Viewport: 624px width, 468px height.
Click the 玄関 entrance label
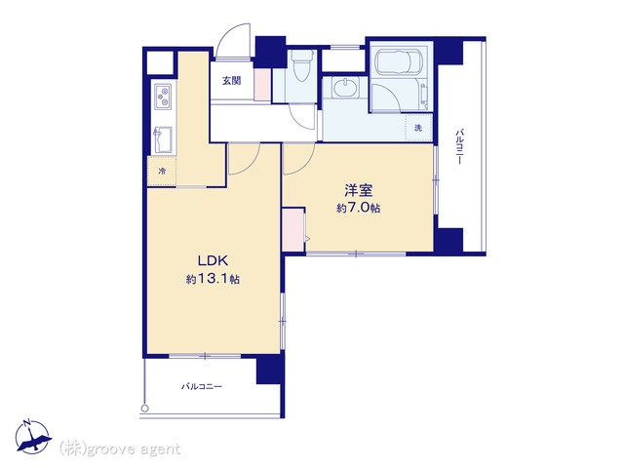(x=231, y=81)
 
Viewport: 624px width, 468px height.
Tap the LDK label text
(x=213, y=261)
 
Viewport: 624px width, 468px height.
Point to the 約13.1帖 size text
(x=213, y=279)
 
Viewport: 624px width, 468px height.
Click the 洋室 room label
(x=359, y=191)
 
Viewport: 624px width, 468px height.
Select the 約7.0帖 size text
(x=358, y=208)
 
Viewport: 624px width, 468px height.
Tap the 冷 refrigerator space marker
(x=162, y=172)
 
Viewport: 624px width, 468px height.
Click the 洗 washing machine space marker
(x=417, y=128)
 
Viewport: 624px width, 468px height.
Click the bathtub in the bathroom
(x=396, y=62)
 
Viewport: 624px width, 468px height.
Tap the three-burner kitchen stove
(x=163, y=97)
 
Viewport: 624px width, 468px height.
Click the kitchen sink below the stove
(x=163, y=139)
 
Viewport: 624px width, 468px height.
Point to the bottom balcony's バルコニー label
(x=202, y=386)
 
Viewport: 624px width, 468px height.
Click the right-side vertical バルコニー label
(x=459, y=146)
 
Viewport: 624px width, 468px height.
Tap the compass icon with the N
(x=33, y=437)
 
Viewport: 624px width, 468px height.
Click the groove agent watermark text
(x=120, y=449)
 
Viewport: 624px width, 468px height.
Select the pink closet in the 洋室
(x=293, y=230)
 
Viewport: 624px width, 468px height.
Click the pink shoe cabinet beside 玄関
(x=262, y=85)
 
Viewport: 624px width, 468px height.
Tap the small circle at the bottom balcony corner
(x=145, y=409)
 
